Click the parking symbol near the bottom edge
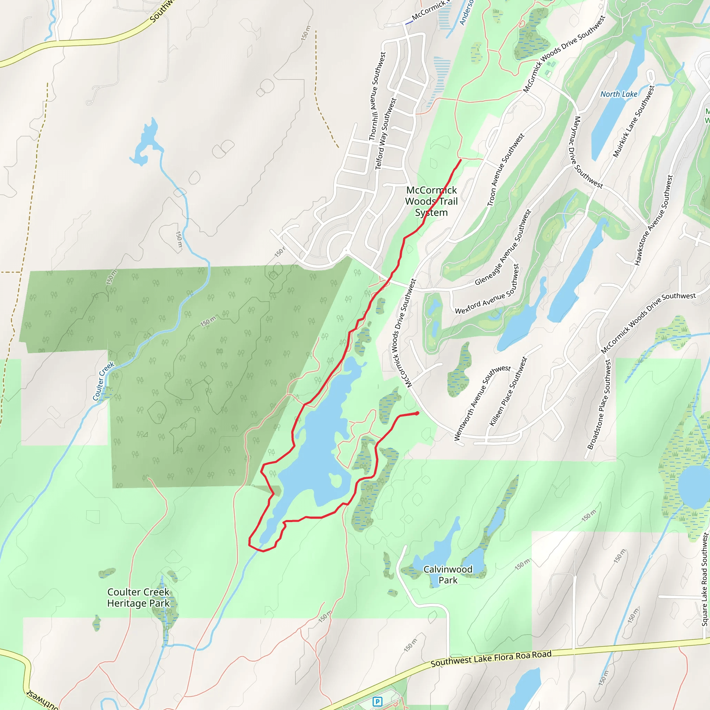pyautogui.click(x=377, y=702)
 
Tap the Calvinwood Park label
pyautogui.click(x=448, y=575)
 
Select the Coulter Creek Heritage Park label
pyautogui.click(x=138, y=598)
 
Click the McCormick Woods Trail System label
pyautogui.click(x=431, y=201)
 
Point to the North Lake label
pyautogui.click(x=618, y=94)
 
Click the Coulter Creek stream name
pyautogui.click(x=103, y=381)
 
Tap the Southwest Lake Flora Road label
pyautogui.click(x=491, y=659)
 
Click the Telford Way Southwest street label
pyautogui.click(x=386, y=134)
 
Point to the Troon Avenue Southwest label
pyautogui.click(x=505, y=170)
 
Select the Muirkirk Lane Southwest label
pyautogui.click(x=634, y=122)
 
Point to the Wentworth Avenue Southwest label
pyautogui.click(x=482, y=403)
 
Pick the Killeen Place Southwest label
pyautogui.click(x=508, y=392)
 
